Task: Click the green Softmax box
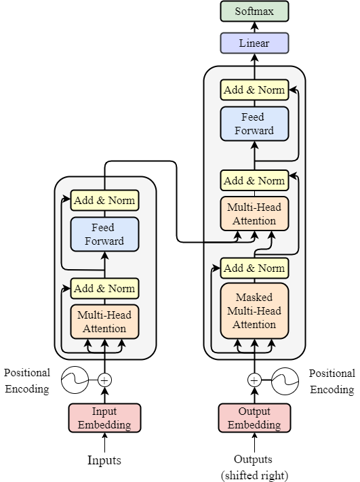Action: (x=254, y=11)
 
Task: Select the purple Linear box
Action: (x=254, y=43)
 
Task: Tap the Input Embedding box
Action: (x=104, y=418)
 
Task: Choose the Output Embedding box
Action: (x=254, y=418)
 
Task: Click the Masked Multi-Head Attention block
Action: (x=254, y=310)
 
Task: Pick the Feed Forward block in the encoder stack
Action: (x=104, y=234)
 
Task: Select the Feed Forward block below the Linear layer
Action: (x=254, y=123)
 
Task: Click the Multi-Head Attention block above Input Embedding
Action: (x=104, y=322)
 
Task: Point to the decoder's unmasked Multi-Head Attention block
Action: (x=254, y=214)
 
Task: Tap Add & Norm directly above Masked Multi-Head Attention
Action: (x=254, y=268)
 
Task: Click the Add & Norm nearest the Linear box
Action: (x=254, y=90)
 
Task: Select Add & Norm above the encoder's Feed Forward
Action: (x=104, y=200)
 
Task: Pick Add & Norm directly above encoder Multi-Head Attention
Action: (x=104, y=288)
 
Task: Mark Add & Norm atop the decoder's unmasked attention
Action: (x=254, y=180)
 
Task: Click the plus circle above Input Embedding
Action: (x=104, y=380)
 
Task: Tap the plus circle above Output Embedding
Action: (x=254, y=380)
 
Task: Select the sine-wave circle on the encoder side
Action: (x=75, y=380)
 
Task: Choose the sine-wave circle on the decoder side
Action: (x=285, y=380)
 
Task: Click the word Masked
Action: (x=254, y=298)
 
